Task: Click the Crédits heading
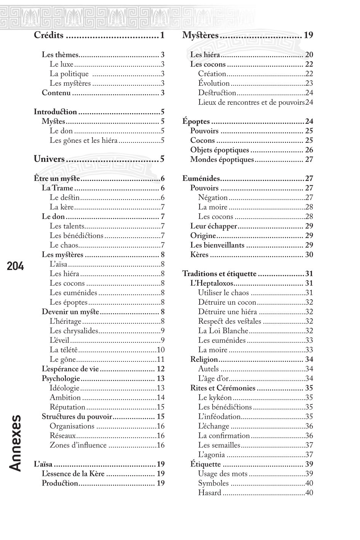49,35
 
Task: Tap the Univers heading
49,159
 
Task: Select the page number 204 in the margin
15,266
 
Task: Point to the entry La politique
69,74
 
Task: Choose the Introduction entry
55,112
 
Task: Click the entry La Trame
57,188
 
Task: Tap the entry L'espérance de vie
70,369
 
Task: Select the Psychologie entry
61,379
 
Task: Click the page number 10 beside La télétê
160,350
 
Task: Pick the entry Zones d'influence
78,445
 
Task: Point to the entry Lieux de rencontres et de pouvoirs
251,102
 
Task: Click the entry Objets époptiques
219,150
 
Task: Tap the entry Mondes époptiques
222,160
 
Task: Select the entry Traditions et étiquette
219,274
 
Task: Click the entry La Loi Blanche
223,331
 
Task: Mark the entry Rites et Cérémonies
222,388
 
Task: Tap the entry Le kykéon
215,398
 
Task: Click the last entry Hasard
210,493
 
